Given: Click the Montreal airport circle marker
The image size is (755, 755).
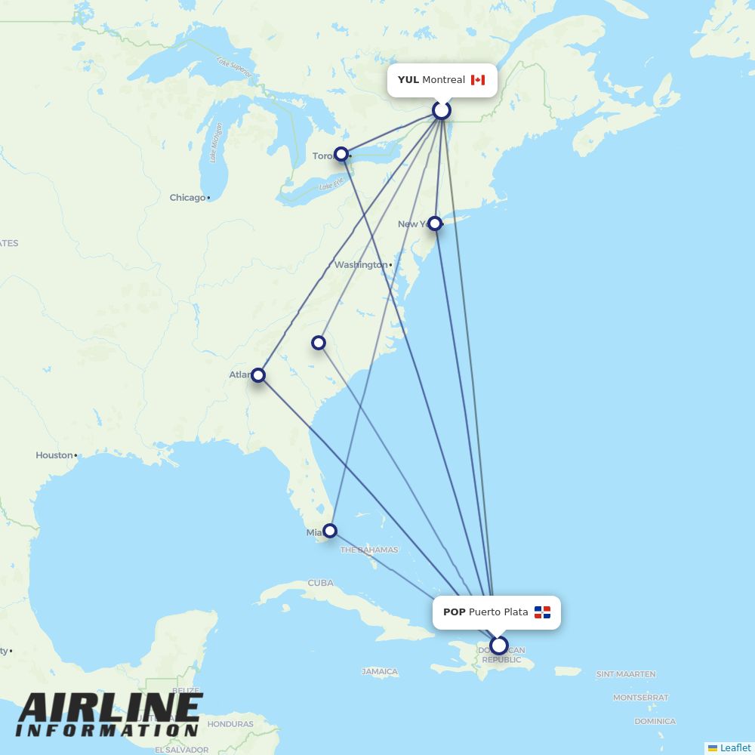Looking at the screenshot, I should pyautogui.click(x=442, y=111).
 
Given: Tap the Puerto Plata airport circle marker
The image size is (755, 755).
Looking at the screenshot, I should pyautogui.click(x=499, y=646).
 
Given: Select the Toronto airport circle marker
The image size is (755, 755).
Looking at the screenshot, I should pyautogui.click(x=341, y=154).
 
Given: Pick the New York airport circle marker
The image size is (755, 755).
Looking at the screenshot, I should pyautogui.click(x=435, y=223).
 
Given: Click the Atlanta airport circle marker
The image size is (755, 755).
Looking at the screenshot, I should pyautogui.click(x=258, y=374).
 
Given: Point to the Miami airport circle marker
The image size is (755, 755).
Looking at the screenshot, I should pyautogui.click(x=330, y=530).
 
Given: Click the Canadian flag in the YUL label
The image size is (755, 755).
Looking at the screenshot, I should pyautogui.click(x=478, y=80).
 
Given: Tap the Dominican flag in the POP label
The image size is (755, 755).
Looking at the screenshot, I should pyautogui.click(x=542, y=612).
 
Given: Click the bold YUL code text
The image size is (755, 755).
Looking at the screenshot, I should pyautogui.click(x=408, y=80).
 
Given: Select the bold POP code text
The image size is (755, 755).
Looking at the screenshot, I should pyautogui.click(x=454, y=612).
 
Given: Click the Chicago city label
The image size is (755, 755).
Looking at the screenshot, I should pyautogui.click(x=187, y=198).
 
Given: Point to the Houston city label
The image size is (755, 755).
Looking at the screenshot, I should pyautogui.click(x=54, y=455).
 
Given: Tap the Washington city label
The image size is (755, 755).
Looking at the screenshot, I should pyautogui.click(x=360, y=265).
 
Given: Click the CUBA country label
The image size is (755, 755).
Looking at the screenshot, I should pyautogui.click(x=320, y=583).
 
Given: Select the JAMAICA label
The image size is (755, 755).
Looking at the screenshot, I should pyautogui.click(x=380, y=671).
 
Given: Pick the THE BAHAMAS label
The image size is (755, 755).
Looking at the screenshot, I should pyautogui.click(x=369, y=550).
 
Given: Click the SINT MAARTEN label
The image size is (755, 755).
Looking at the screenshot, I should pyautogui.click(x=626, y=674).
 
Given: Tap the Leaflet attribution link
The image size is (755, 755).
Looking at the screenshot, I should pyautogui.click(x=735, y=747).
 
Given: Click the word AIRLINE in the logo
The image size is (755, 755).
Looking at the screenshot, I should pyautogui.click(x=110, y=708).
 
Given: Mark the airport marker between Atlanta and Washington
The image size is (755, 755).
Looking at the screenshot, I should pyautogui.click(x=319, y=343).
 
